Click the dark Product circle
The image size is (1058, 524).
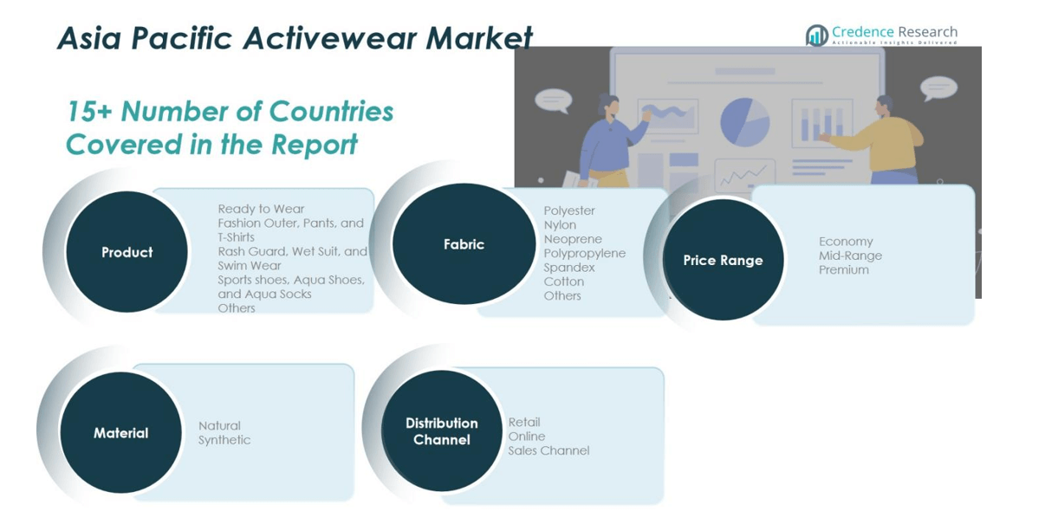[x=127, y=252]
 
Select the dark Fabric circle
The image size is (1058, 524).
[x=464, y=243]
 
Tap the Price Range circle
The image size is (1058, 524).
[x=724, y=260]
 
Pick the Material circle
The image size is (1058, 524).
[x=121, y=432]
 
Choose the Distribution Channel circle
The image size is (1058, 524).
[x=442, y=430]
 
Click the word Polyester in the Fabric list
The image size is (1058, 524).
[x=569, y=210]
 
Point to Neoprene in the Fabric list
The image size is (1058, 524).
[x=573, y=239]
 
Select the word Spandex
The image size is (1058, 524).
[x=569, y=268]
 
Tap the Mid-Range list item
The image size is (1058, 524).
[x=850, y=256]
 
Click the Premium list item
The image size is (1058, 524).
[x=844, y=269]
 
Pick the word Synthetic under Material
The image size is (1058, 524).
[x=224, y=440]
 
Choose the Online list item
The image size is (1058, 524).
[x=527, y=437]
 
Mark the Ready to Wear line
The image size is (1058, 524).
[x=261, y=209]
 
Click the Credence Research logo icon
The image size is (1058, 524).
[x=817, y=36]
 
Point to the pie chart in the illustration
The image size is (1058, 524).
[x=745, y=122]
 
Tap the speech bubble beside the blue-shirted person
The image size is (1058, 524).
[x=553, y=100]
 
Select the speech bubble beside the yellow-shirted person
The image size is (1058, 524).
[x=938, y=87]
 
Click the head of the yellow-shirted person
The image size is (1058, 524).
[x=884, y=107]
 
